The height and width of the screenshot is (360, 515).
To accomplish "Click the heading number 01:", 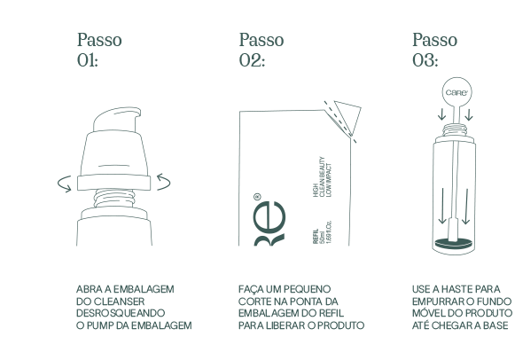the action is click(88, 60).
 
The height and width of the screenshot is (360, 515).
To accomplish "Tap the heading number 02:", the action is click(252, 60).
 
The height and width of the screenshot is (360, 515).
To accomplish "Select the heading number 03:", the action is click(425, 60).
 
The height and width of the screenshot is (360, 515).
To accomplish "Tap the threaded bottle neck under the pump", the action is click(114, 199).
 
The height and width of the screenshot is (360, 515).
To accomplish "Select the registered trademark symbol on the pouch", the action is click(257, 197).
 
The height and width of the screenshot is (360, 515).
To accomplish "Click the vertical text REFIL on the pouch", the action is click(316, 237).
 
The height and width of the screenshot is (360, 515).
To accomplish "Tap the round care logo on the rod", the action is click(456, 92).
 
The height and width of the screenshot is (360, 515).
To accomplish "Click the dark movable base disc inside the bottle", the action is click(453, 243).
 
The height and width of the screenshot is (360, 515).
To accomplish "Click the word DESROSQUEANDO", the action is click(121, 313).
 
